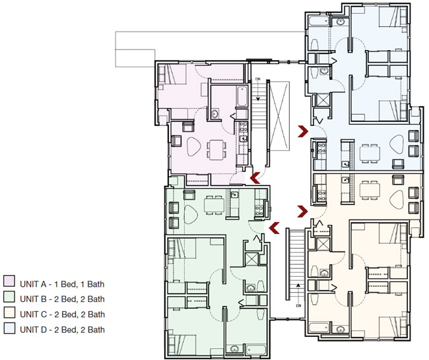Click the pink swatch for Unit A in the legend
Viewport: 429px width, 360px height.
[9, 284]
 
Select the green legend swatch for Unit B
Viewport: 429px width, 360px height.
[9, 299]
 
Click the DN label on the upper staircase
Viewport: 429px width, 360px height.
[259, 78]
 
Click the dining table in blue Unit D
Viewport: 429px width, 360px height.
[369, 152]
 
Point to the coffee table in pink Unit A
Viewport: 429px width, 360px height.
[195, 148]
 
